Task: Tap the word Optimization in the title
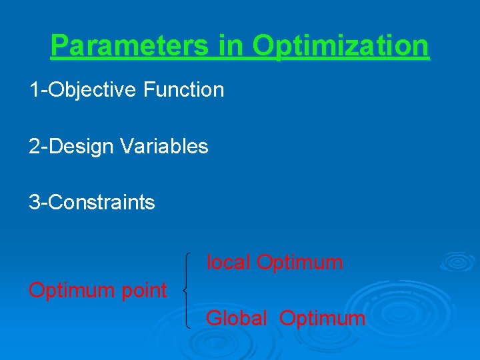point(341,46)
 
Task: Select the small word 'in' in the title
point(231,46)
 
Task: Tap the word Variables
point(165,146)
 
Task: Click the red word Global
point(237,319)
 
